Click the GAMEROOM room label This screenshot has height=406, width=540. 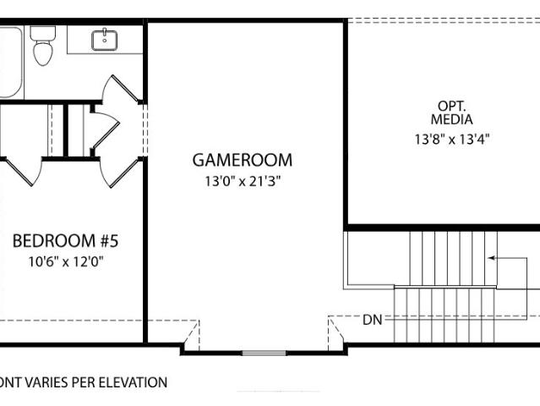[x=242, y=160]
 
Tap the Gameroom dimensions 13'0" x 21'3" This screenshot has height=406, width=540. [x=243, y=181]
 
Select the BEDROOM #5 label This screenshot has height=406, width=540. [x=65, y=241]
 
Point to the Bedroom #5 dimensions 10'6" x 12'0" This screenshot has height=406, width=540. [x=66, y=262]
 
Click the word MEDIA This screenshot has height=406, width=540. [x=451, y=119]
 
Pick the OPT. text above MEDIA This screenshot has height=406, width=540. [x=451, y=106]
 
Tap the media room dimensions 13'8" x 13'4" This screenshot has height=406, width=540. [x=452, y=140]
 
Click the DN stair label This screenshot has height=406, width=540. [x=373, y=321]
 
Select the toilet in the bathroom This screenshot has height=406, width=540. [x=43, y=46]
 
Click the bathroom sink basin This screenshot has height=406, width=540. [x=104, y=41]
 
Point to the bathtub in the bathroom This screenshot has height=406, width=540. [x=10, y=62]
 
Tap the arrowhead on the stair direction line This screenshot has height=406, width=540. [x=492, y=258]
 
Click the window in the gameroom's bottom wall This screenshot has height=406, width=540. [x=265, y=353]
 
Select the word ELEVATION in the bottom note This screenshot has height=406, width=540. [x=133, y=382]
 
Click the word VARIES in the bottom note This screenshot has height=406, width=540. [x=46, y=382]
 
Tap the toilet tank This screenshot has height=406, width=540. [x=43, y=33]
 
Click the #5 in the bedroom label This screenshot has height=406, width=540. [x=109, y=241]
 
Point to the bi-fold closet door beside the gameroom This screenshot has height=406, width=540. [x=105, y=130]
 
